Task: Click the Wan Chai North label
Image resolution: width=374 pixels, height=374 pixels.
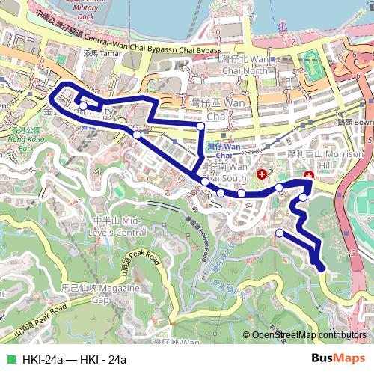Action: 243,65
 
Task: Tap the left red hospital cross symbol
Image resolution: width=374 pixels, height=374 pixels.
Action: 261,174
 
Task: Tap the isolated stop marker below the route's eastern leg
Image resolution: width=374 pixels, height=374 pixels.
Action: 280,233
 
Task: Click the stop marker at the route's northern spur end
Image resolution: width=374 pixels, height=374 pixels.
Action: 200,126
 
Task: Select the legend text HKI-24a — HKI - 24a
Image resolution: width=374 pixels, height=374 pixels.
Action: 74,360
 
